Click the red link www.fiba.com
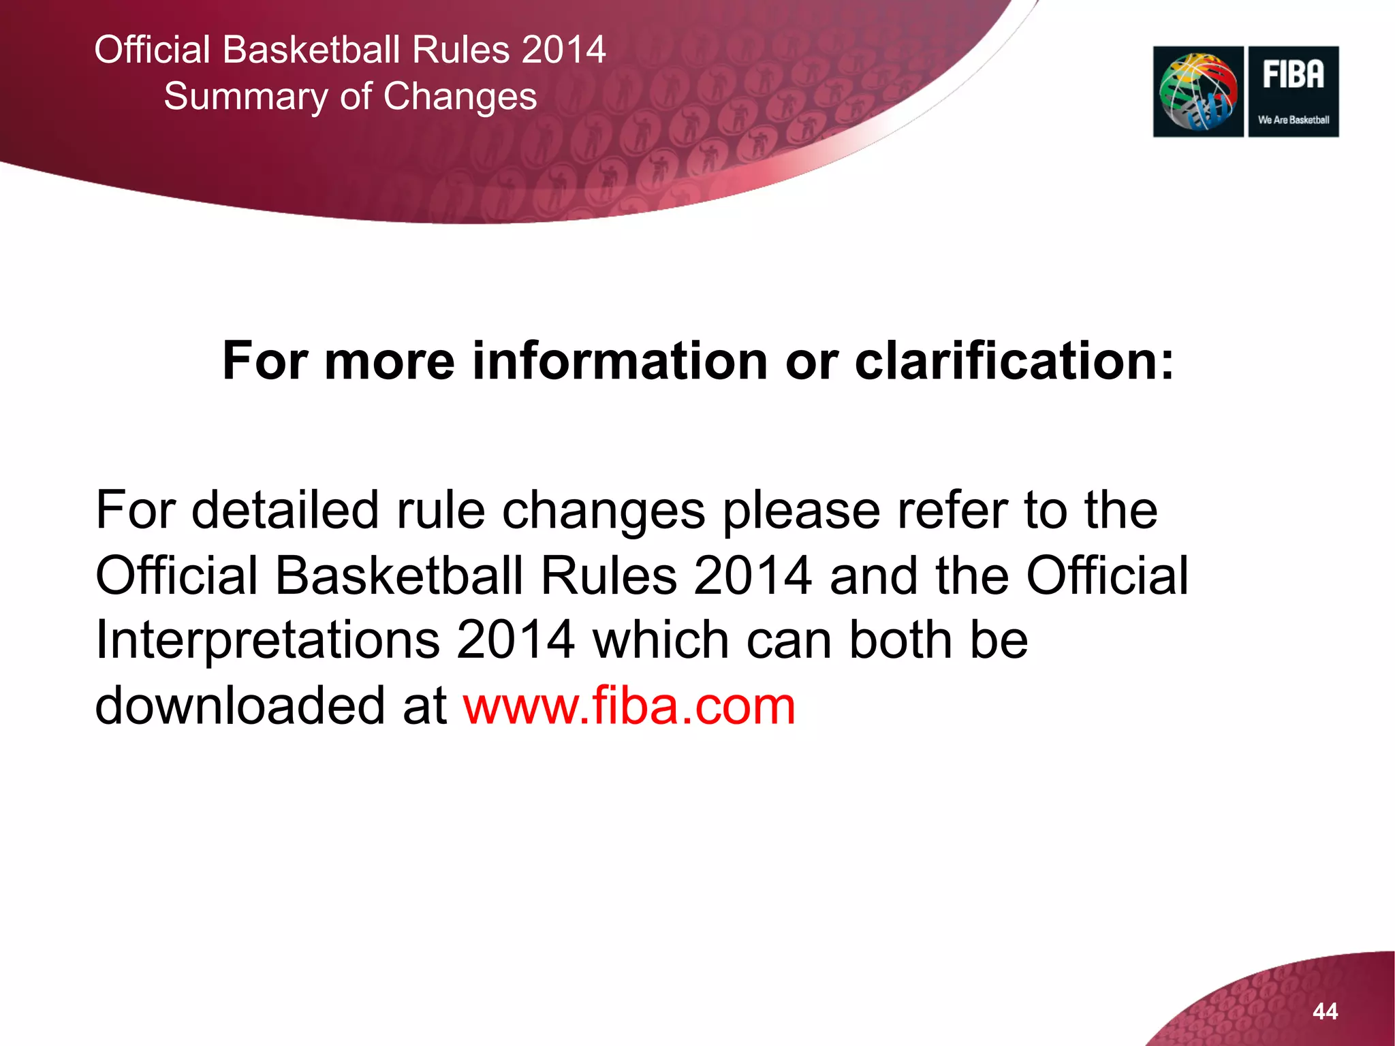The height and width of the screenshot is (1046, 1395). pos(629,706)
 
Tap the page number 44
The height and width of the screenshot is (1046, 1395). pos(1325,1011)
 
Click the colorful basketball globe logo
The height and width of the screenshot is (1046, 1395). pos(1198,91)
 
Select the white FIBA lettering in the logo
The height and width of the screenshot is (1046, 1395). pos(1294,74)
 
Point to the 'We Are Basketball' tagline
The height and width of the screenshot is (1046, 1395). pos(1294,120)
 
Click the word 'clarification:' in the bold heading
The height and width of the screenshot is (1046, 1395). pos(1014,361)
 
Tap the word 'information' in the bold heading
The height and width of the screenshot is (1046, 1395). pos(620,361)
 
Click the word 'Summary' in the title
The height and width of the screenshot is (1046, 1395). pos(245,97)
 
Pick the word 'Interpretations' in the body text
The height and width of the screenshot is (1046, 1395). pos(268,640)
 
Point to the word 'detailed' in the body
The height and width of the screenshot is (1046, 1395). pos(285,510)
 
